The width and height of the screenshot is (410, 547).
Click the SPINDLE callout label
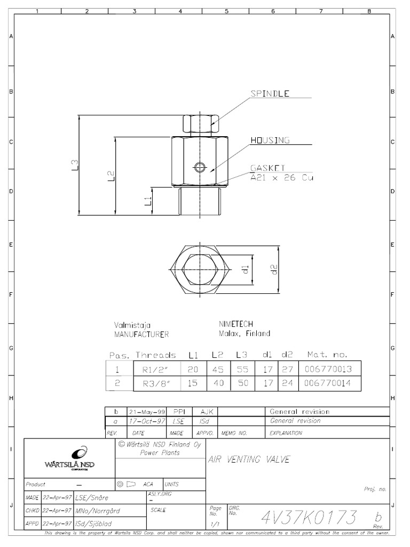[270, 93]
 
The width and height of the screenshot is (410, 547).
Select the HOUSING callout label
[270, 140]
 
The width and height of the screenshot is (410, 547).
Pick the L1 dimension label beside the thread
[148, 201]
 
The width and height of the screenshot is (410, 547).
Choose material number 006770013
[327, 369]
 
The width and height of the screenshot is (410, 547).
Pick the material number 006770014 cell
[327, 384]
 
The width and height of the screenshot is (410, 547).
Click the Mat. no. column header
[327, 355]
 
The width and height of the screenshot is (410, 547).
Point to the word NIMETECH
[236, 324]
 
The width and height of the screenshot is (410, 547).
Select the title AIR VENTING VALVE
[248, 459]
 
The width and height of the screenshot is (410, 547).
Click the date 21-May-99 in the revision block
[146, 412]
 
